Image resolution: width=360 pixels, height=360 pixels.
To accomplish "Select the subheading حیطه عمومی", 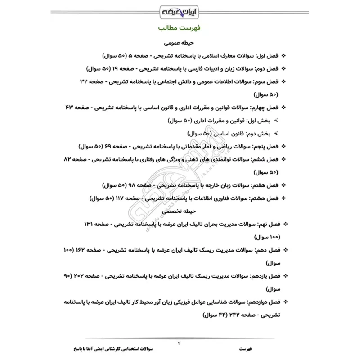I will tap(180, 44).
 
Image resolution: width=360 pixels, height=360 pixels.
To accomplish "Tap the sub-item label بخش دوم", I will tap(260, 134).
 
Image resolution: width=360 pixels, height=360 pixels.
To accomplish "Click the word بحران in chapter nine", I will tap(198, 224).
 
